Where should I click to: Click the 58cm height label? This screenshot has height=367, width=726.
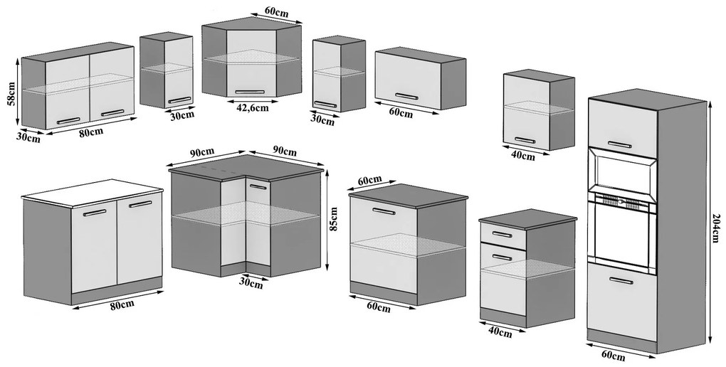[12, 94]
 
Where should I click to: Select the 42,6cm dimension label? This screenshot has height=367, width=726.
[253, 107]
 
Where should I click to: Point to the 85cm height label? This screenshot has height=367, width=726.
[334, 218]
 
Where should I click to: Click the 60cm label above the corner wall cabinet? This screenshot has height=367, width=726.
[276, 11]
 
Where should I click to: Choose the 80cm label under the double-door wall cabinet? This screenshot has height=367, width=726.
[91, 131]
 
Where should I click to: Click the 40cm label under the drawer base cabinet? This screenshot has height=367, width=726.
[500, 332]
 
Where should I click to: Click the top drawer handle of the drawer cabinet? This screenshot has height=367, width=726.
[502, 234]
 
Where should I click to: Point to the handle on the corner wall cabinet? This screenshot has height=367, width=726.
[250, 92]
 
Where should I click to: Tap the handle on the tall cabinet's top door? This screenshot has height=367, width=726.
[620, 144]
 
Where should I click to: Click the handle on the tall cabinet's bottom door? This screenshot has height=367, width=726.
[621, 280]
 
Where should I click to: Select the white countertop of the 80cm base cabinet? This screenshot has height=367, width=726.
[92, 193]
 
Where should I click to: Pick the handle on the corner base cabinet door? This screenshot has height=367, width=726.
[258, 187]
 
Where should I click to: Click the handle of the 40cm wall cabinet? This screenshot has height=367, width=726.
[525, 140]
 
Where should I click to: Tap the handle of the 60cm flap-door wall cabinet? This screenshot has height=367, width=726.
[407, 96]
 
